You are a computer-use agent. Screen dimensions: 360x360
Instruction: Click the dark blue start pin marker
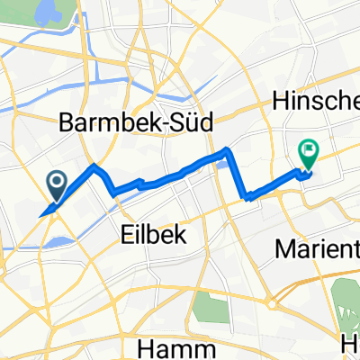[x=56, y=186]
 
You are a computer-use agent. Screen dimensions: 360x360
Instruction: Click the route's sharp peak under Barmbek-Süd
[x=94, y=166]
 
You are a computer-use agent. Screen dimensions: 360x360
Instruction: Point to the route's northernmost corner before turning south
[x=227, y=150]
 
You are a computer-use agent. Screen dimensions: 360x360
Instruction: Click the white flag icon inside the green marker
[x=308, y=152]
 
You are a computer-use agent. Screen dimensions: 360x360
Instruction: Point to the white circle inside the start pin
[x=56, y=184]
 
